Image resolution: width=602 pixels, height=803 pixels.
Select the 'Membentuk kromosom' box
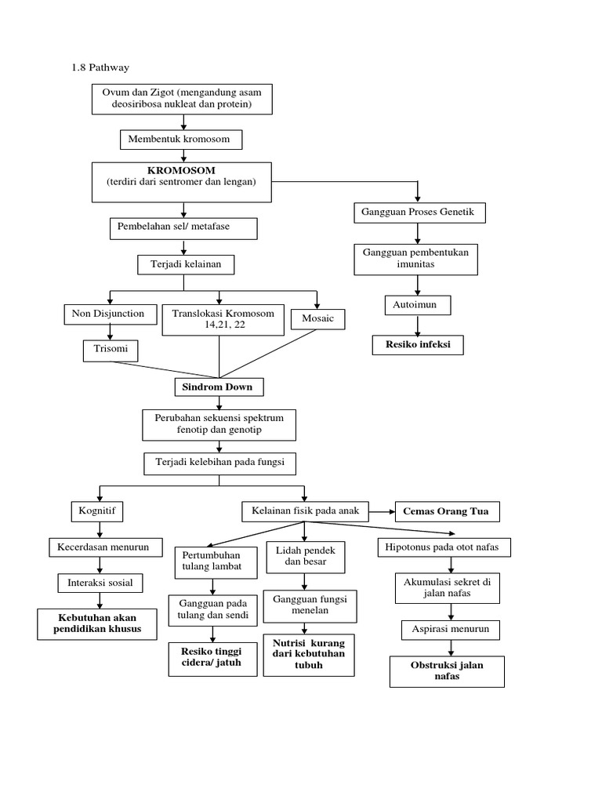pyautogui.click(x=181, y=140)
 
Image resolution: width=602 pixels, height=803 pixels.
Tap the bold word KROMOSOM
pyautogui.click(x=181, y=170)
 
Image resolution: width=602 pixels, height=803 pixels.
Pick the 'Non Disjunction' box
pyautogui.click(x=108, y=314)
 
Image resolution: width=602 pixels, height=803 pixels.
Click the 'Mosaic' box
pyautogui.click(x=317, y=318)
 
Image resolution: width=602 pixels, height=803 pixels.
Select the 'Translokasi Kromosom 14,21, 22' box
pyautogui.click(x=219, y=319)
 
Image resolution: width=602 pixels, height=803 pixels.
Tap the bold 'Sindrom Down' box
pyautogui.click(x=219, y=387)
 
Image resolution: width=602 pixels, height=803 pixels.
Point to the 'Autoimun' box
pyautogui.click(x=417, y=304)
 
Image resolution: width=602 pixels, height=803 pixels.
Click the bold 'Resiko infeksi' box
pyautogui.click(x=417, y=344)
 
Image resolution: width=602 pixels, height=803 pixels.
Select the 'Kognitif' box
pyautogui.click(x=97, y=511)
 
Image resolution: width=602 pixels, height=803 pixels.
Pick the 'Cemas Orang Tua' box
pyautogui.click(x=445, y=511)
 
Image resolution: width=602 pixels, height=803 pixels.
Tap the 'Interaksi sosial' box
pyautogui.click(x=100, y=583)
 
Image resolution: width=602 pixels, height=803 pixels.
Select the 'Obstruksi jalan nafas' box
pyautogui.click(x=447, y=671)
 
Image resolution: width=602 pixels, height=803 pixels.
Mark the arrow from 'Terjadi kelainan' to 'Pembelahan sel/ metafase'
pyautogui.click(x=183, y=246)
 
